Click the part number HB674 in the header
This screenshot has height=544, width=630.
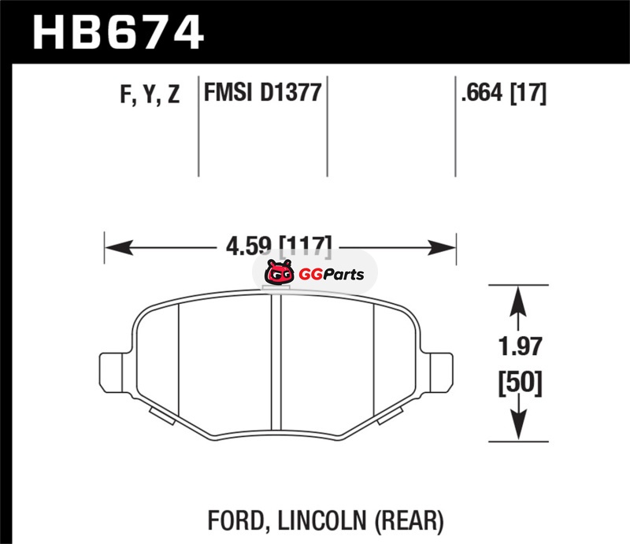(118, 32)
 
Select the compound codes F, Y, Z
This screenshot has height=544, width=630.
(150, 94)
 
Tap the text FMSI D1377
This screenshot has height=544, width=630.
(263, 92)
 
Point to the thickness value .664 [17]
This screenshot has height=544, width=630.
(504, 93)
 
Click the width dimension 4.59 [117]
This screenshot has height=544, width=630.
(279, 246)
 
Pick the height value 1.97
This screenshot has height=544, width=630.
(520, 346)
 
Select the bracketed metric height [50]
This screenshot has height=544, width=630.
(521, 383)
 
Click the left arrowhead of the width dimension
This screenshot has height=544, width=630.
(119, 247)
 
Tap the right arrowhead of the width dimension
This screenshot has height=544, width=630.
(442, 247)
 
